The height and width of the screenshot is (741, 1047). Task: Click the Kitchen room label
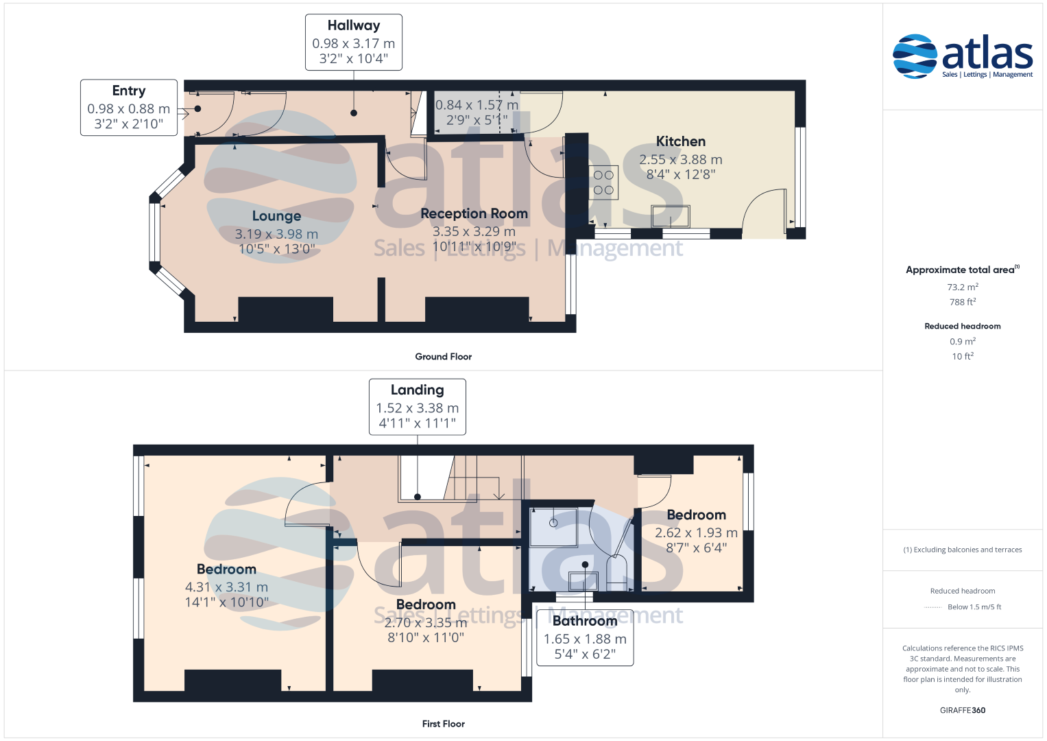click(x=681, y=141)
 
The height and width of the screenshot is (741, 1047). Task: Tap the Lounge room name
click(x=276, y=216)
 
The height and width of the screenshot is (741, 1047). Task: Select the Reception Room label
click(x=474, y=213)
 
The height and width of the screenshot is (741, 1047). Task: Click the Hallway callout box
click(x=354, y=42)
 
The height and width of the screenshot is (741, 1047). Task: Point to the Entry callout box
click(x=129, y=108)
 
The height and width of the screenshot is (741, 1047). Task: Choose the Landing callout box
click(x=418, y=407)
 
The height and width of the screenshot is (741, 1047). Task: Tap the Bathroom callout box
click(x=585, y=637)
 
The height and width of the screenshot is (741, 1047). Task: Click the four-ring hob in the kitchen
click(x=603, y=183)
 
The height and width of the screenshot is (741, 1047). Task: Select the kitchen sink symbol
click(x=671, y=217)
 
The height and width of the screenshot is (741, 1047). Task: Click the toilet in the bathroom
click(x=616, y=573)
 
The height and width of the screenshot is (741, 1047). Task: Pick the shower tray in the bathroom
click(x=553, y=527)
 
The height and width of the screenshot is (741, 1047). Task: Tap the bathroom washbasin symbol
click(x=583, y=582)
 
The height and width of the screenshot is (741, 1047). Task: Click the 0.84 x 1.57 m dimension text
click(x=477, y=105)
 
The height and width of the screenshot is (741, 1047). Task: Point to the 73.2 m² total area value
click(x=963, y=287)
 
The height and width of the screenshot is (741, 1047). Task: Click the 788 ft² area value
click(x=963, y=302)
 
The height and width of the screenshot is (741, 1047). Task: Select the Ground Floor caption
click(x=443, y=357)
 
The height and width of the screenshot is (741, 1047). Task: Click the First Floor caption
click(x=443, y=724)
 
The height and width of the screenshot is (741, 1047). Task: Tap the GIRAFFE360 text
click(x=963, y=710)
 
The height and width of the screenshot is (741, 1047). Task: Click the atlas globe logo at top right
click(x=915, y=56)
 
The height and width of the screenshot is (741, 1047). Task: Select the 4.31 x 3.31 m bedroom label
click(x=227, y=587)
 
